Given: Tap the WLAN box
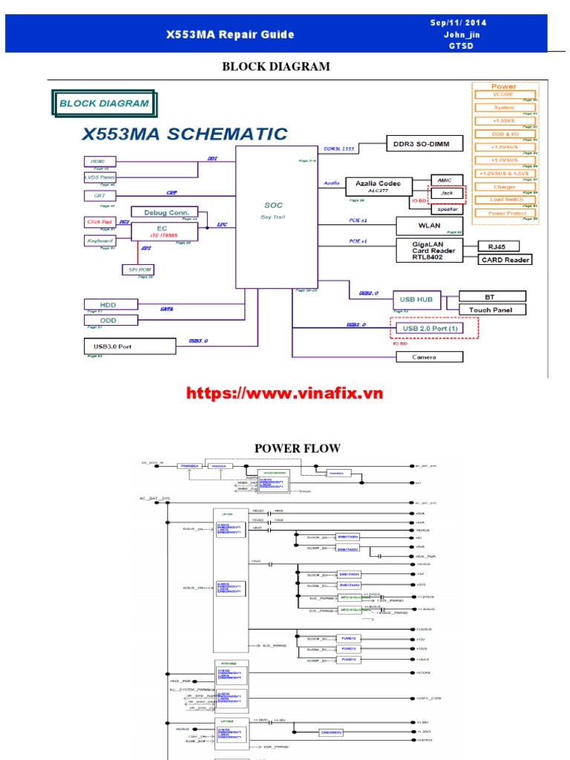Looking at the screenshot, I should [428, 225].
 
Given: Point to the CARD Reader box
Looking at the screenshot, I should [506, 260].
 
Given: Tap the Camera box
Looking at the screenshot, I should [427, 357].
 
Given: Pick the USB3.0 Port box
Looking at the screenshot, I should [131, 346].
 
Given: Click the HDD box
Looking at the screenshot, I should [110, 304].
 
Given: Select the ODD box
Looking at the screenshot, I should [110, 321].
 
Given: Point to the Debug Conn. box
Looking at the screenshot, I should [165, 212].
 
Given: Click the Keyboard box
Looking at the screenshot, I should [100, 241].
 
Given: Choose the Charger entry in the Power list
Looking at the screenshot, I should [505, 187].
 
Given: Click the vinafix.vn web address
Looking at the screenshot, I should [284, 393].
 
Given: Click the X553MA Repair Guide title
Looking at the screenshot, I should [230, 34].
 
